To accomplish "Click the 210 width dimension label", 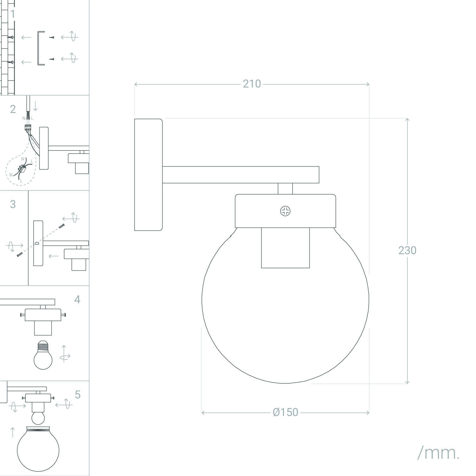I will pyautogui.click(x=252, y=84).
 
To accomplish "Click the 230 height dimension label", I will pyautogui.click(x=407, y=250).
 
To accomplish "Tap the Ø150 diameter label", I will pyautogui.click(x=285, y=412).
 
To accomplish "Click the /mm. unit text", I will pyautogui.click(x=438, y=453).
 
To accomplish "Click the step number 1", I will pyautogui.click(x=13, y=14).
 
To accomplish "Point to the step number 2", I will pyautogui.click(x=13, y=109).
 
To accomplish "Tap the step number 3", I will pyautogui.click(x=13, y=204).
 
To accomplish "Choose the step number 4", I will pyautogui.click(x=77, y=300).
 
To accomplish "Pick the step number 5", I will pyautogui.click(x=78, y=395).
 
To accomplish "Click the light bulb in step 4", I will pyautogui.click(x=43, y=356).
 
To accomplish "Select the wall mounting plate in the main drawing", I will pyautogui.click(x=148, y=175).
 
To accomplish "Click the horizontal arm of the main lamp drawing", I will pyautogui.click(x=241, y=175).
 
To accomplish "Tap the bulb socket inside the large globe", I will pyautogui.click(x=285, y=248).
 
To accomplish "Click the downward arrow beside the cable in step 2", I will pyautogui.click(x=35, y=106).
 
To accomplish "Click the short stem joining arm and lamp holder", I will pyautogui.click(x=285, y=188).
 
